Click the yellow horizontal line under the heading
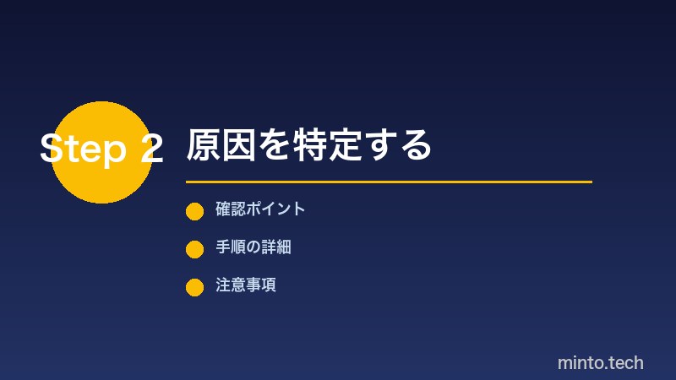(x=389, y=182)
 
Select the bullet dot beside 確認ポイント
(x=194, y=211)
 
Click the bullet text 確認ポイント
(x=259, y=209)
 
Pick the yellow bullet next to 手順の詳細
(x=194, y=249)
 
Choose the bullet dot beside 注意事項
(x=194, y=287)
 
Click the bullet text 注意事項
(x=246, y=285)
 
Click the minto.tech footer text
(x=600, y=363)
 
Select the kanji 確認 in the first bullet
(x=230, y=209)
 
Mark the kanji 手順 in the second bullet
(x=230, y=247)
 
